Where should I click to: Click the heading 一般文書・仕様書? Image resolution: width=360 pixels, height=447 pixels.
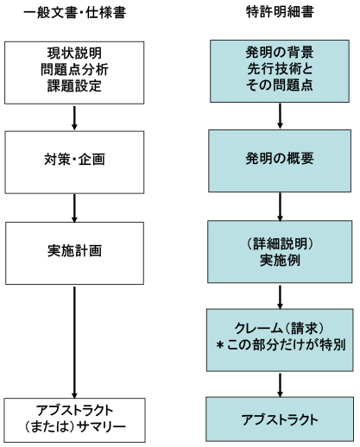click(x=74, y=13)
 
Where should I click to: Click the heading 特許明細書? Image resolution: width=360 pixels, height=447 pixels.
click(x=280, y=12)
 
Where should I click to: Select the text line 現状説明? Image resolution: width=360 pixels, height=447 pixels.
click(x=74, y=53)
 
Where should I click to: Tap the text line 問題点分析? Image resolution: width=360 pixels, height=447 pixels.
click(x=74, y=69)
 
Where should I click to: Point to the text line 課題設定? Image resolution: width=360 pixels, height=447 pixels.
click(x=74, y=85)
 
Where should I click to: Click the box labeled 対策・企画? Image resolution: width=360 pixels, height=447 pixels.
click(x=74, y=162)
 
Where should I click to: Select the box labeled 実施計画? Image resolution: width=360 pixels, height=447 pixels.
click(x=74, y=253)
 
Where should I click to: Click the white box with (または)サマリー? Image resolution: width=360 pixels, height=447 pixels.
click(x=74, y=420)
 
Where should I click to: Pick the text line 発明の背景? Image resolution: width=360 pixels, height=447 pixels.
click(x=280, y=53)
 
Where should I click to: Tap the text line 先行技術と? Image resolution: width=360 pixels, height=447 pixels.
click(x=280, y=69)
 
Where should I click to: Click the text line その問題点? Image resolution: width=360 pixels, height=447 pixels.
click(x=280, y=85)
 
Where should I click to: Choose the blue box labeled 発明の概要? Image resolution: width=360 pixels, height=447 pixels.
click(x=280, y=161)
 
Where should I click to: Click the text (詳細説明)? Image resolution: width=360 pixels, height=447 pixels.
click(x=280, y=244)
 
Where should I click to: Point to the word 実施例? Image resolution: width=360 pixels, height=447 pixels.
click(x=280, y=261)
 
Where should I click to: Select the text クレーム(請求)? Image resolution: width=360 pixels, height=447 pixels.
click(x=280, y=328)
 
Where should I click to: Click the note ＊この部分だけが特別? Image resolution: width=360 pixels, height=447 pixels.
click(x=281, y=344)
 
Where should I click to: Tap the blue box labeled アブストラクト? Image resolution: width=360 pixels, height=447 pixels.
click(x=280, y=419)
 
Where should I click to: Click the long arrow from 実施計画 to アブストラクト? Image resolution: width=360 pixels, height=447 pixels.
click(x=74, y=343)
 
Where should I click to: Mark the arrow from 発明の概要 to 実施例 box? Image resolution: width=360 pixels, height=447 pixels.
click(x=280, y=207)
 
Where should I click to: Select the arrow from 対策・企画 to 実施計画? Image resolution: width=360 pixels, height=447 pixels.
click(x=74, y=208)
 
